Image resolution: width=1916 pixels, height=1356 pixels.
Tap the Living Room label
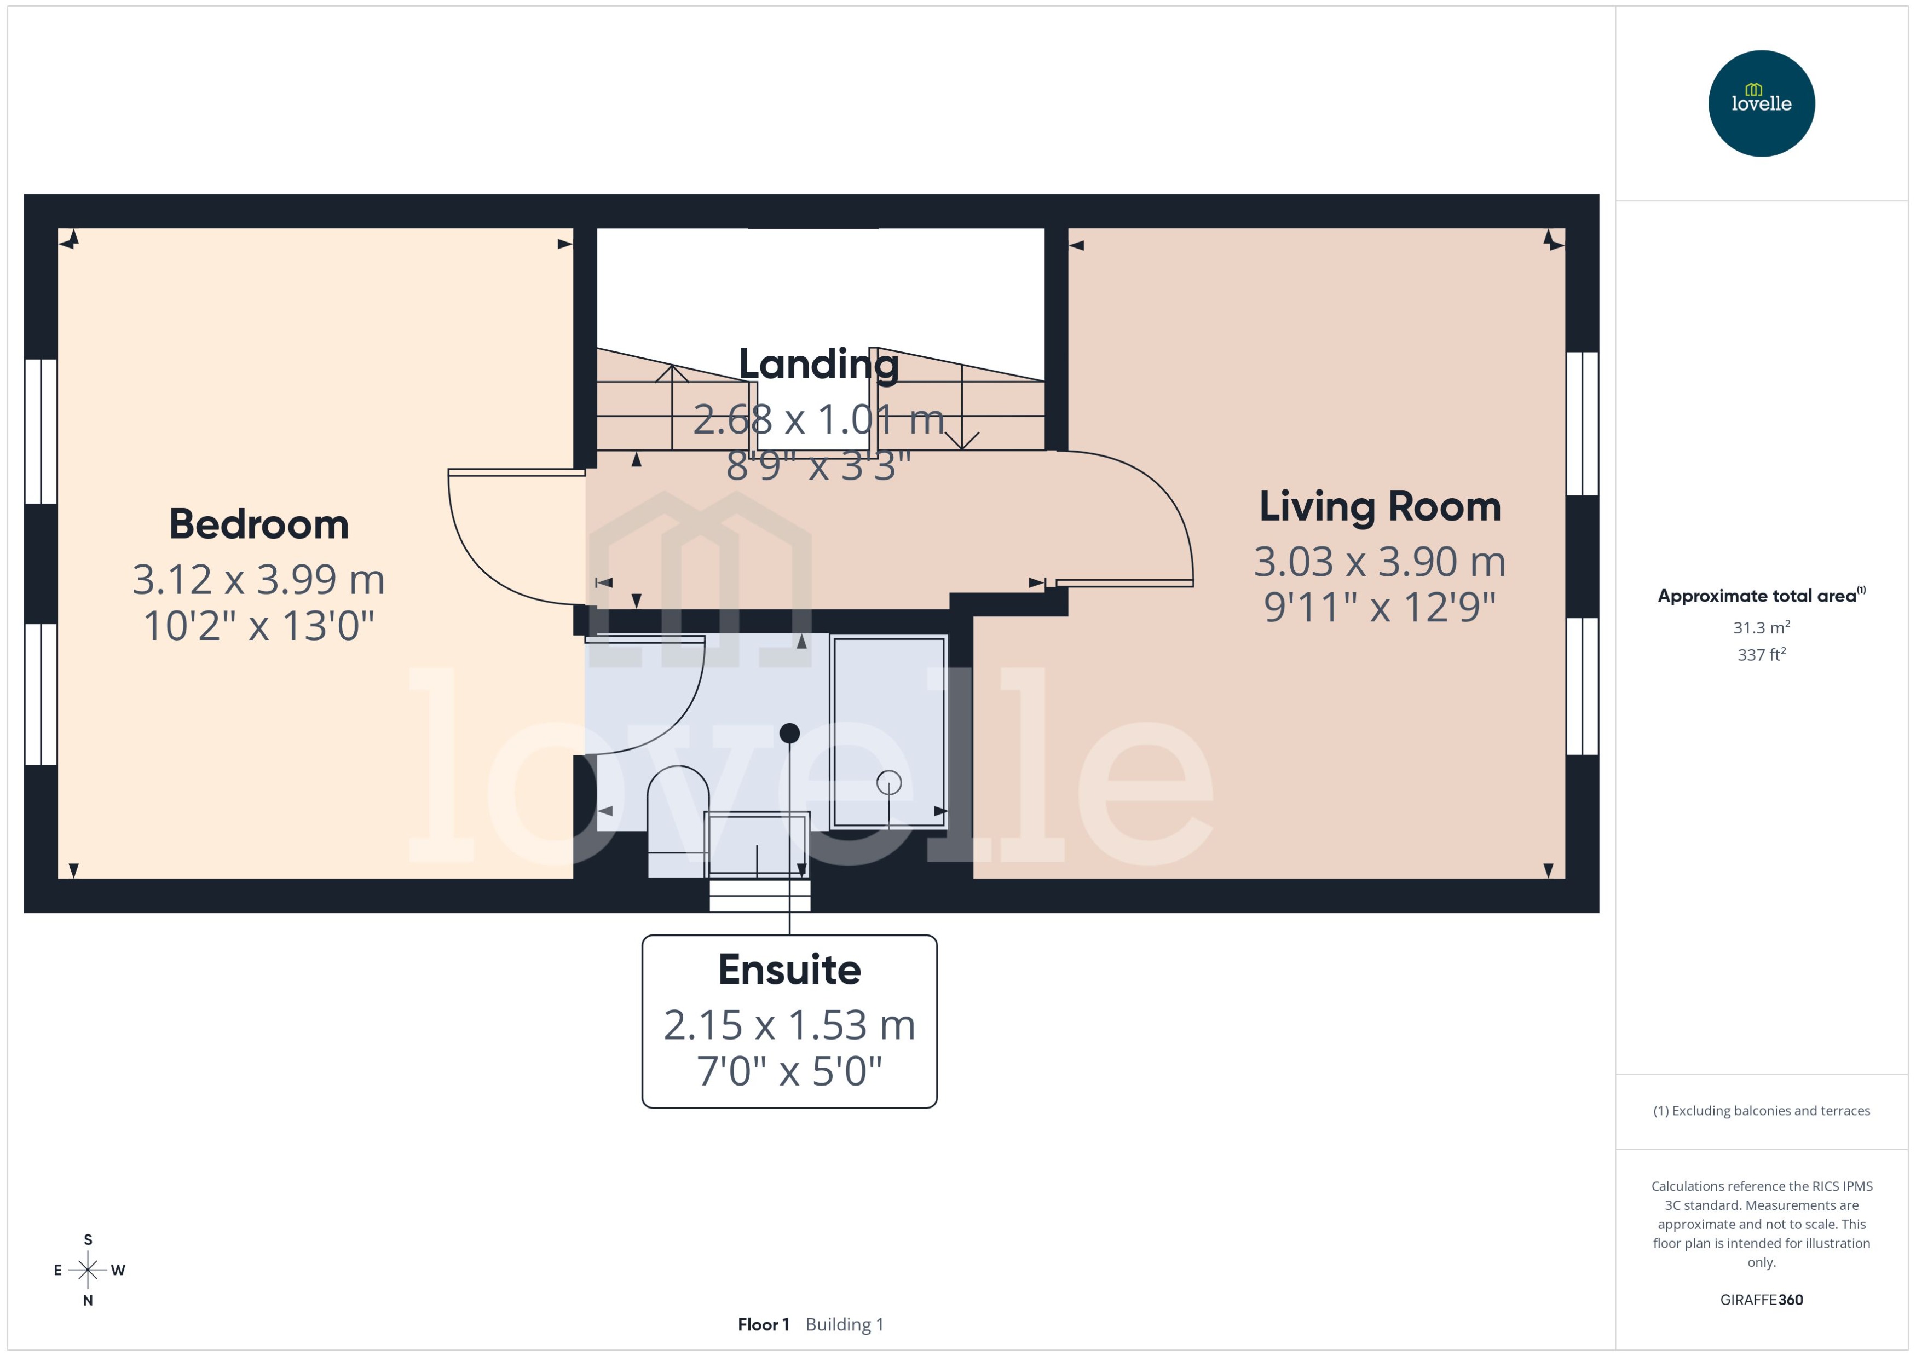[x=1379, y=507]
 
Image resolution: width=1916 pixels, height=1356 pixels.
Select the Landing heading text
[x=818, y=364]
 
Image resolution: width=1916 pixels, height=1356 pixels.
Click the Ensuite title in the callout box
[x=789, y=970]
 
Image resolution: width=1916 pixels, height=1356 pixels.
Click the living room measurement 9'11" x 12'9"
[x=1379, y=607]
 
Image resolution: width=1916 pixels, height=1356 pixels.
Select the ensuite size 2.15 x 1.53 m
[x=789, y=1025]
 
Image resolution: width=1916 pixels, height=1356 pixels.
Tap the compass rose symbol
[x=88, y=1270]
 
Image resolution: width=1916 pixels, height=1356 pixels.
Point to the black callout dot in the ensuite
[x=789, y=733]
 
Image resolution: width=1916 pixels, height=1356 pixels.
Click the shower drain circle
[x=888, y=782]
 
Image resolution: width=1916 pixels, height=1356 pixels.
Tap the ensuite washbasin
[x=757, y=843]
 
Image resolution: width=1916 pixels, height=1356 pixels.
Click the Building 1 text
[x=844, y=1324]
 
